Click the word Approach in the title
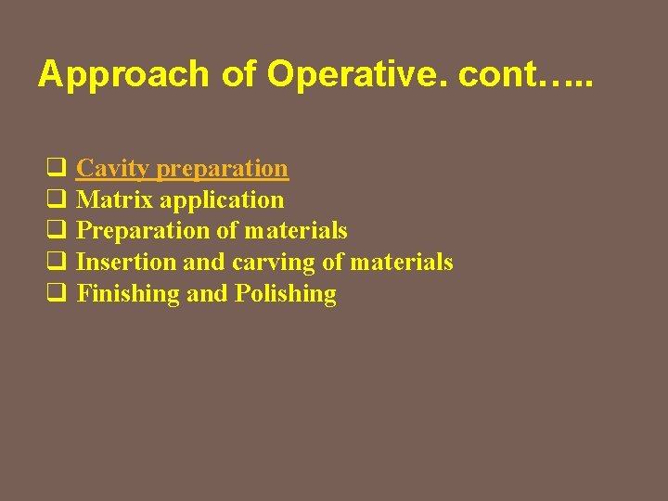pos(123,74)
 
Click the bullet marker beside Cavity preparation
pos(55,169)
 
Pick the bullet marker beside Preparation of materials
pos(55,231)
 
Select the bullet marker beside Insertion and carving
pos(55,263)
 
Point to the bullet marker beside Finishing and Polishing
pos(55,294)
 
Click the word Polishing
pos(286,294)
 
